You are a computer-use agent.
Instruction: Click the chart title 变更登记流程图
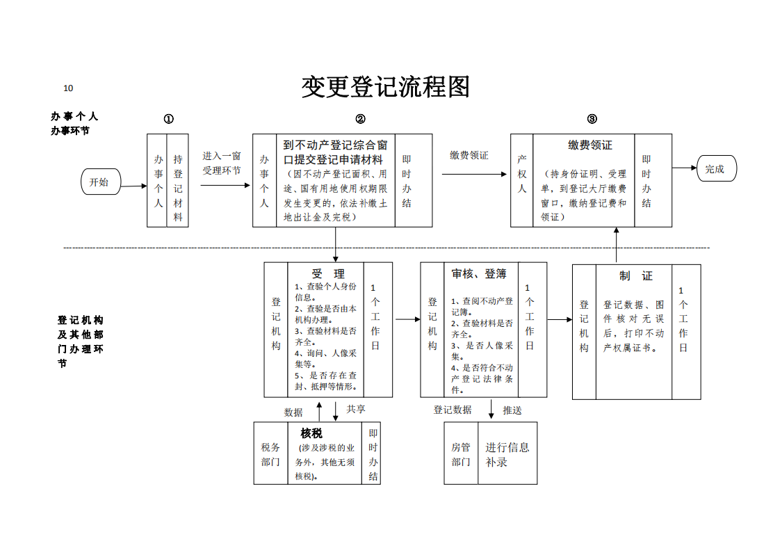click(386, 87)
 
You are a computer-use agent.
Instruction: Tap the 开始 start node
click(101, 182)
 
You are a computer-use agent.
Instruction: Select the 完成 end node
click(716, 169)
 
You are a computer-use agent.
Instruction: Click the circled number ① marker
click(169, 119)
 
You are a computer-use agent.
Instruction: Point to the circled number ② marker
click(360, 119)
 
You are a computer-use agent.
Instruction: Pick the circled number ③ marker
click(592, 119)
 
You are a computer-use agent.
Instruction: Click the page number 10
click(68, 88)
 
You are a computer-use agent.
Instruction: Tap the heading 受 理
click(328, 274)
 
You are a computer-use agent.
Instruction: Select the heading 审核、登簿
click(479, 274)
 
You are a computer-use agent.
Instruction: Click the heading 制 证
click(636, 275)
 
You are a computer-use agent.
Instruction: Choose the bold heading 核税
click(311, 433)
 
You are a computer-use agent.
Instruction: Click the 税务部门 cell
click(270, 454)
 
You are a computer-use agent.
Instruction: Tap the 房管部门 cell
click(461, 454)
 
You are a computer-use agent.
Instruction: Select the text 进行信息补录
click(507, 454)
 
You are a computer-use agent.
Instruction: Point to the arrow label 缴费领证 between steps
click(469, 155)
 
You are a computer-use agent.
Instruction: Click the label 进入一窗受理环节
click(222, 163)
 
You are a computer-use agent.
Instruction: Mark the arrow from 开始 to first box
click(133, 186)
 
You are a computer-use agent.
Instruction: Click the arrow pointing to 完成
click(684, 168)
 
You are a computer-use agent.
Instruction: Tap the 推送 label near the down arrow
click(512, 410)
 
